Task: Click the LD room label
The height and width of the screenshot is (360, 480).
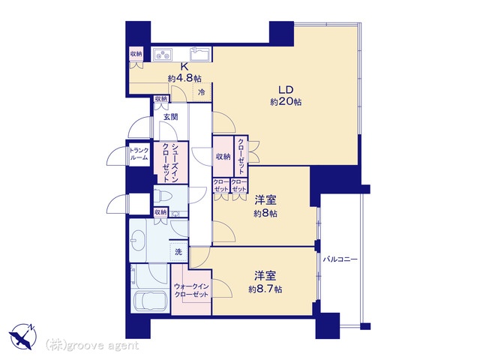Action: [286, 90]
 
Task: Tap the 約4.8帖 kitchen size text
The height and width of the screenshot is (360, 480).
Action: [184, 78]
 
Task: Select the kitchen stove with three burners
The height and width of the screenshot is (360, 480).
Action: [163, 55]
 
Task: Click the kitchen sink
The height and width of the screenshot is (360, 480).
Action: [199, 55]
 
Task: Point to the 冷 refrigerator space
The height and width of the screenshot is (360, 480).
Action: [202, 91]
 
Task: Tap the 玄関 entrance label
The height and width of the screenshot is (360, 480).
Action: [170, 117]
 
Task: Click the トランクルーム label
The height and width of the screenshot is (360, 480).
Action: [139, 154]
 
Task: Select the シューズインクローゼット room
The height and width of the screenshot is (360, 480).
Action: [170, 163]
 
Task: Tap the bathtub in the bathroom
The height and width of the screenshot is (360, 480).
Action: [151, 301]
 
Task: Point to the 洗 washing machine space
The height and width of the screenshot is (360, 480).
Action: [178, 252]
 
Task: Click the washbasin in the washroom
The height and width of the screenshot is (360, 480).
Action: [138, 240]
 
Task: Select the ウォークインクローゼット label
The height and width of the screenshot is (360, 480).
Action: [191, 290]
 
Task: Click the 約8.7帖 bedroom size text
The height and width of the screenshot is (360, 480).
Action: [265, 289]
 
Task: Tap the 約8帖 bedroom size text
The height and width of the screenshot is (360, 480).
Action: [265, 213]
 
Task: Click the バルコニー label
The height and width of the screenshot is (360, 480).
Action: [340, 259]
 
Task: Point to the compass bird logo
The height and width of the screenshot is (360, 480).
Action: [23, 336]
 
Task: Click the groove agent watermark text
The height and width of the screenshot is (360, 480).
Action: [91, 346]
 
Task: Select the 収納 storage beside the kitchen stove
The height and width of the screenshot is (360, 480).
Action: [136, 54]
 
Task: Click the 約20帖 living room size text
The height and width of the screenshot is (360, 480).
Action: [286, 102]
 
